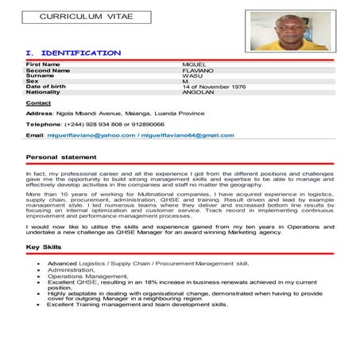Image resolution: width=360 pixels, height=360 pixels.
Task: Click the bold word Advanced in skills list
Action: coord(63,263)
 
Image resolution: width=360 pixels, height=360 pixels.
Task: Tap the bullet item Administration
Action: coord(72,269)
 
